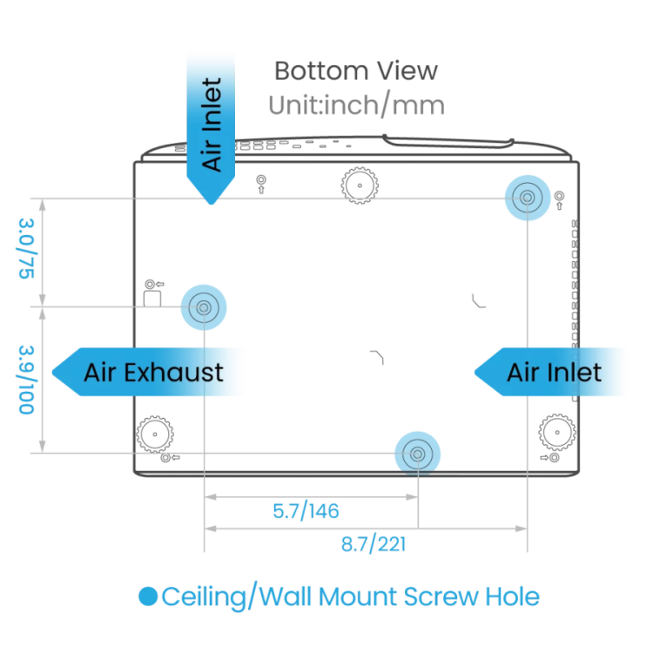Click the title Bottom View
356,71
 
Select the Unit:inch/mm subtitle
356,105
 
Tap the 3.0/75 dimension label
26,249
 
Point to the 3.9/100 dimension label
26,380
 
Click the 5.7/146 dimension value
306,511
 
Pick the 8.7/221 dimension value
374,544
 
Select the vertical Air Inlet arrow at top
211,129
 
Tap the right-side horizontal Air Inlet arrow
549,372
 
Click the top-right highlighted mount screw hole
528,198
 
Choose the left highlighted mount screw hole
204,307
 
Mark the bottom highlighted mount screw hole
417,454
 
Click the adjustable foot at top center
360,185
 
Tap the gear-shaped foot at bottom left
155,434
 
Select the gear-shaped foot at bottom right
557,432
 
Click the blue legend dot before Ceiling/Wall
148,596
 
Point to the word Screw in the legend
441,596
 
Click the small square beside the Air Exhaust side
152,299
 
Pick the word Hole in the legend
513,596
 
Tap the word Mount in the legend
357,596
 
